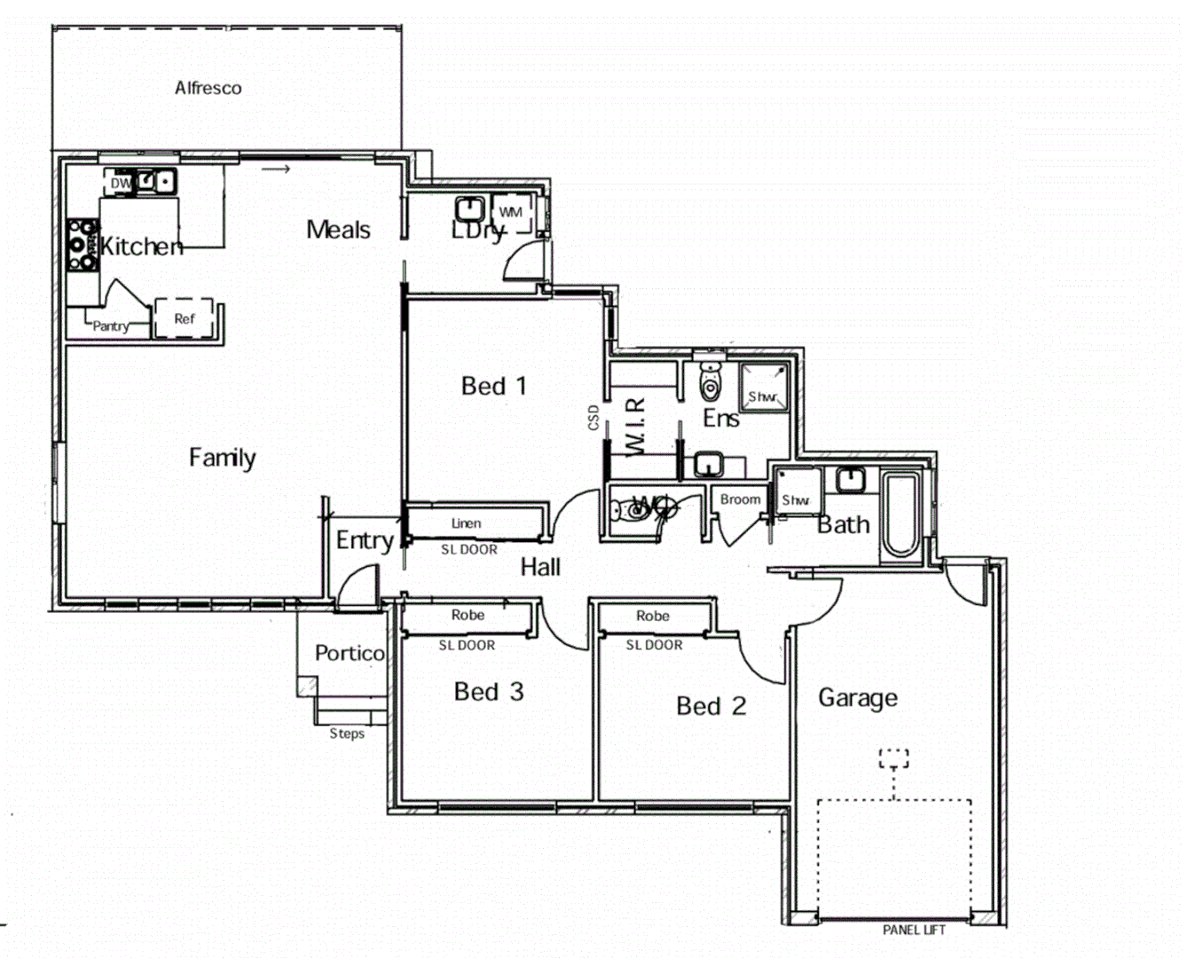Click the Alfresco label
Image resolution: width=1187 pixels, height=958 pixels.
point(208,88)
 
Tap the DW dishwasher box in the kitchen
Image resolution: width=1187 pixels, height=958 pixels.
point(120,183)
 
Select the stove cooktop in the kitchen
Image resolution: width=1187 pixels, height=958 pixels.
point(82,244)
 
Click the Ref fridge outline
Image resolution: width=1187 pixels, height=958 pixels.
point(185,318)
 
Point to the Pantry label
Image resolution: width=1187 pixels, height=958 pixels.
point(111,326)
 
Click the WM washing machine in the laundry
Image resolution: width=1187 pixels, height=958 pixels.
point(511,213)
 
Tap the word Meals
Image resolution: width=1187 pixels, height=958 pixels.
point(338,230)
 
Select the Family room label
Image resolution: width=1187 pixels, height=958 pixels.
point(222,458)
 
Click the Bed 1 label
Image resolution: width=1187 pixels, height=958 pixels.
point(493,386)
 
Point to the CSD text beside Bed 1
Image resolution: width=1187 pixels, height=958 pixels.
point(593,417)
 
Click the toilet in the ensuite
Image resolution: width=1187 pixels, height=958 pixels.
point(711,381)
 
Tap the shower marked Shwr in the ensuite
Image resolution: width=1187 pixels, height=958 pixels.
point(763,387)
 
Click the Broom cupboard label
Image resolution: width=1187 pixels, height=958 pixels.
point(740,499)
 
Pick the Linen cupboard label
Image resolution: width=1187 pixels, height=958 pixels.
point(467,523)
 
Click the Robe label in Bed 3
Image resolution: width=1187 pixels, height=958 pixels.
point(468,615)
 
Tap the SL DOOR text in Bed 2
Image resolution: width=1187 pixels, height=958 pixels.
point(654,645)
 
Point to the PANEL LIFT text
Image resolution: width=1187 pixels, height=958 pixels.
point(914,930)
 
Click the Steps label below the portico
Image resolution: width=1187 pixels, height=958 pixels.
point(347,734)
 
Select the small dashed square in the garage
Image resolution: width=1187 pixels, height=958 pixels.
point(893,758)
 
